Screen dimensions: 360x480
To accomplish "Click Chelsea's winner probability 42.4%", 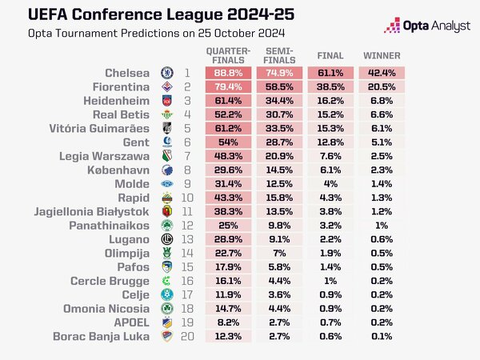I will (x=382, y=72).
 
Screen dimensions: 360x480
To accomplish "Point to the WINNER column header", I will (x=382, y=56).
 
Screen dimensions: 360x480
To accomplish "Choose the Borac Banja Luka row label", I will (x=101, y=336).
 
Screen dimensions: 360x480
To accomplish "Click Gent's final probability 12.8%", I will (x=330, y=142).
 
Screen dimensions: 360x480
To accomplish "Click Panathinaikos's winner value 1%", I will (x=382, y=226).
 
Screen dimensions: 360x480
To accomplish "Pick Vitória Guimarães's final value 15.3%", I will (x=330, y=127).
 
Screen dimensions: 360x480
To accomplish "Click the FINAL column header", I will (x=330, y=56).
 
